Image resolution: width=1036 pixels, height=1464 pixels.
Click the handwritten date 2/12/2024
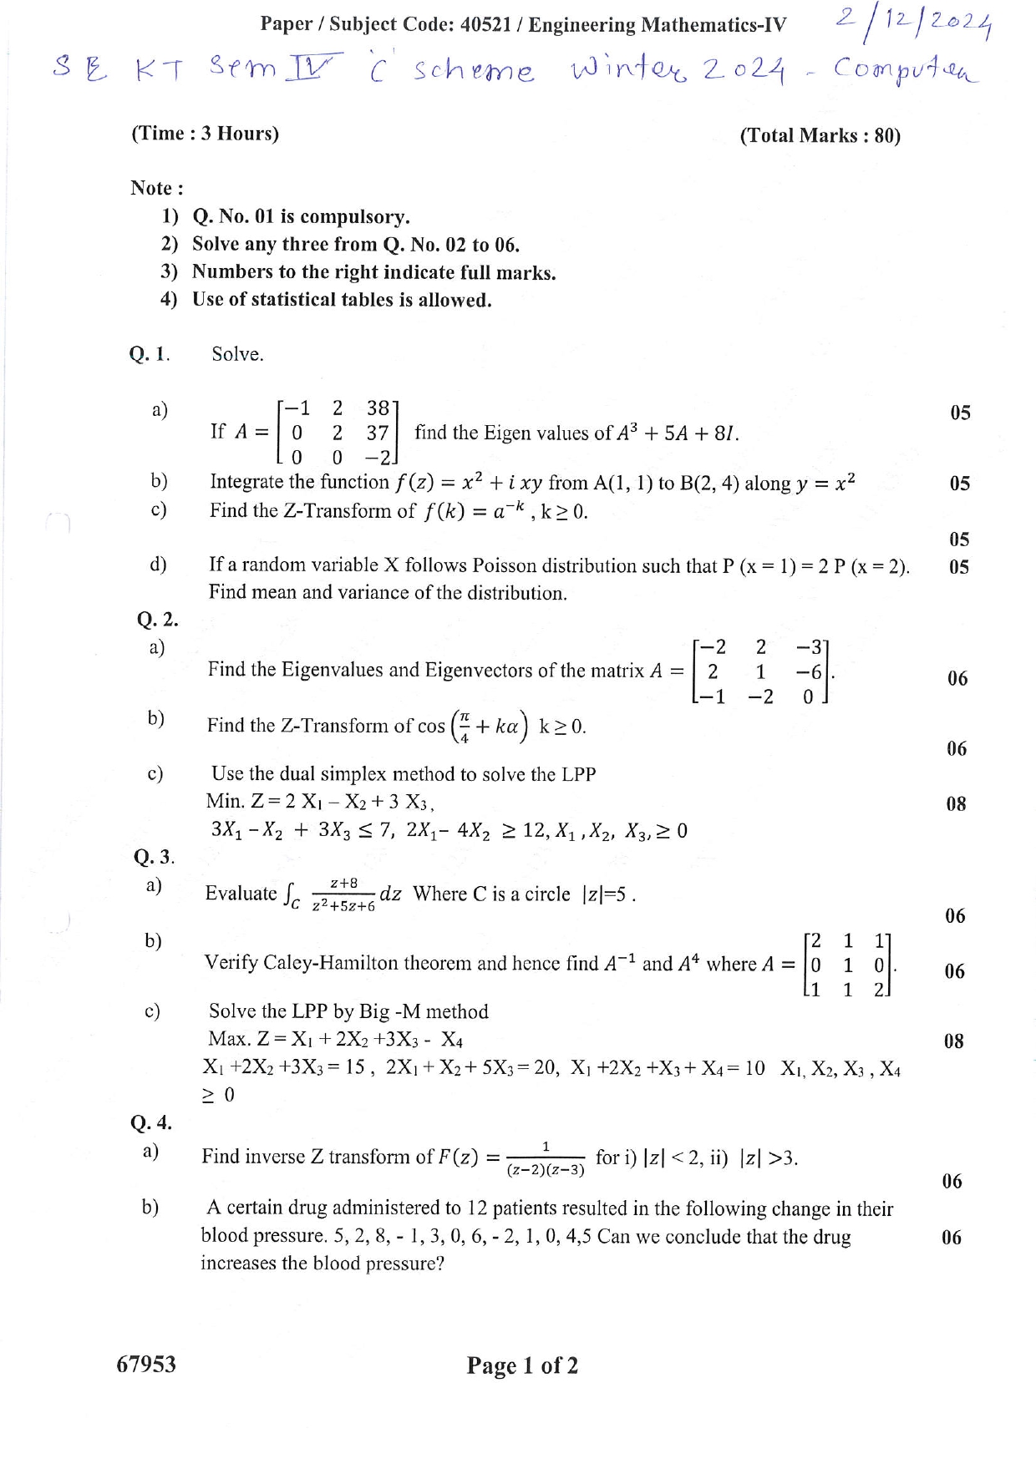point(913,28)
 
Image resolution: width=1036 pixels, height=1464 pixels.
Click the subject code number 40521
point(485,24)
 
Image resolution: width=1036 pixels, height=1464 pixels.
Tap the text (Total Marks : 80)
point(820,136)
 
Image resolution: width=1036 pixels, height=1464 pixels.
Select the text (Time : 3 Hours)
point(205,134)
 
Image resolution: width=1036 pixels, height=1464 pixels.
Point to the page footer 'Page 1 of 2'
point(522,1365)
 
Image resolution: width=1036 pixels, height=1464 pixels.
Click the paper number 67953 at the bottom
point(146,1364)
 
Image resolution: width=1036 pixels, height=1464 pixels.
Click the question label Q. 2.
point(157,620)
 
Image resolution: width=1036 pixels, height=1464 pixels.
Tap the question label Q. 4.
point(151,1122)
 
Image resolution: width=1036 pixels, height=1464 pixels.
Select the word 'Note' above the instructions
point(152,188)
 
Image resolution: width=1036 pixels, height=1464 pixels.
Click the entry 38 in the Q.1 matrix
point(378,408)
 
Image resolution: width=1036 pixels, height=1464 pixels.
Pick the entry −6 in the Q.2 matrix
point(809,671)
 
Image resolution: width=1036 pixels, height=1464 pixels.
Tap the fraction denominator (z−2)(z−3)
point(546,1170)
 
